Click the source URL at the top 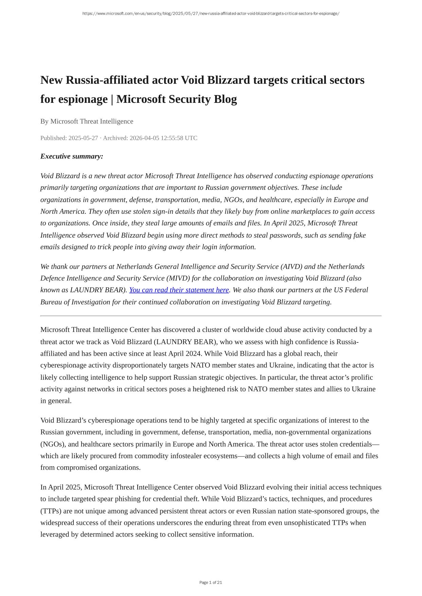coord(211,14)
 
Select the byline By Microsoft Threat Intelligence coord(87,121)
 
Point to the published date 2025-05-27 coord(83,138)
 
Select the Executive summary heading coord(72,156)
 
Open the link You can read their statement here coord(179,290)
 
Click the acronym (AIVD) coord(292,266)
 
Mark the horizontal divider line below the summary coord(211,316)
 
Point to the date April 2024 coord(185,353)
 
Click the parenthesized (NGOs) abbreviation coord(51,444)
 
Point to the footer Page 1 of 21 coord(211,582)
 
